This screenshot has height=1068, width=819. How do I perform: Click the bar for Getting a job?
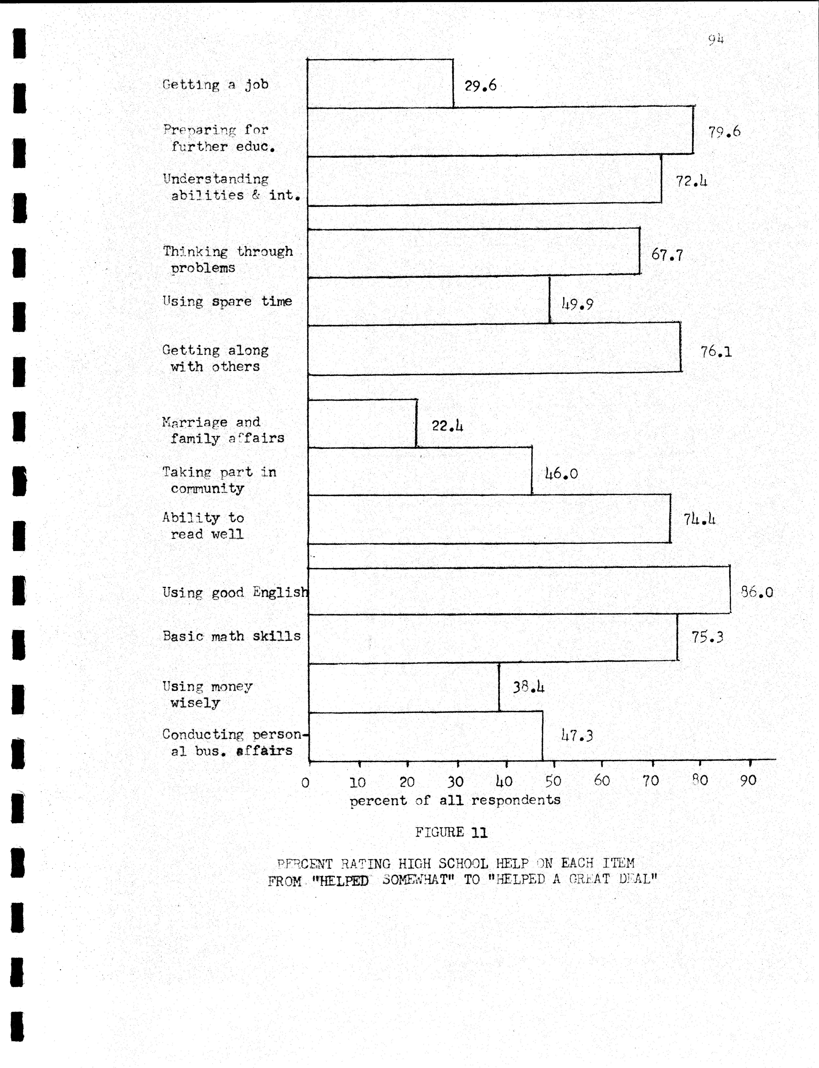[x=380, y=83]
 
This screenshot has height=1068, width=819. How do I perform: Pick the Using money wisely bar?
[x=404, y=687]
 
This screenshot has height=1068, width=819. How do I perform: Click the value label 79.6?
[x=724, y=132]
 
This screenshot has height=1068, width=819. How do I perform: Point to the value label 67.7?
[x=667, y=255]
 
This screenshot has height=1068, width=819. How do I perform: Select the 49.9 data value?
[x=577, y=304]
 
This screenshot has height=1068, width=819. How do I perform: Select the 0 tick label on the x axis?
[x=306, y=783]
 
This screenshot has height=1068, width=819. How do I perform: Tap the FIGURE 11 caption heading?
[x=451, y=832]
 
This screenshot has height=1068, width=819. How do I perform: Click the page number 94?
[x=716, y=39]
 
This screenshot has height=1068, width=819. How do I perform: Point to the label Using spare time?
[x=227, y=301]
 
